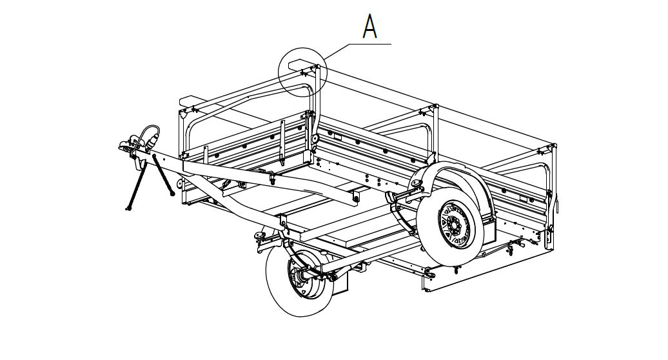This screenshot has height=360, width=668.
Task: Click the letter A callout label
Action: (x=369, y=26)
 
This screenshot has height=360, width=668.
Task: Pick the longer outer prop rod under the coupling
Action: (x=134, y=187)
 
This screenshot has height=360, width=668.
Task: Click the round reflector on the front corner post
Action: (x=315, y=139)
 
